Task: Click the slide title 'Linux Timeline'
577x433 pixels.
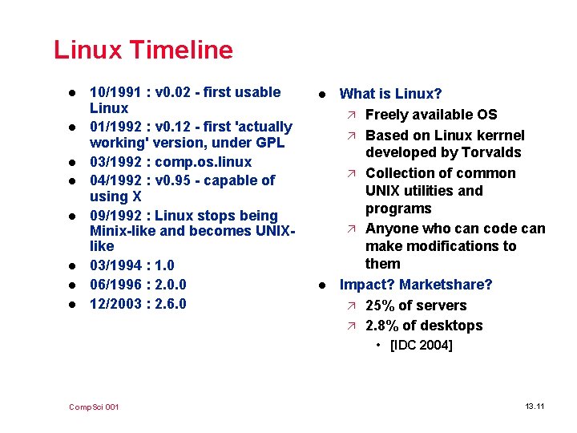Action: point(143,50)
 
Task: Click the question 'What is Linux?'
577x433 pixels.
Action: point(391,95)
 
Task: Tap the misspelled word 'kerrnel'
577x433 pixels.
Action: point(498,136)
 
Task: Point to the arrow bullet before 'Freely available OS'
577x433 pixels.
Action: point(353,115)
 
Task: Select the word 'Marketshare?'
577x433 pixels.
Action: point(446,285)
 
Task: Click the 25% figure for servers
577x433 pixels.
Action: point(381,306)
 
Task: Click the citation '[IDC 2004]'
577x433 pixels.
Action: point(421,346)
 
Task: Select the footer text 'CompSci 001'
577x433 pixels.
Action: point(95,407)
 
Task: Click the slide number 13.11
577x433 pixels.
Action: point(535,407)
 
